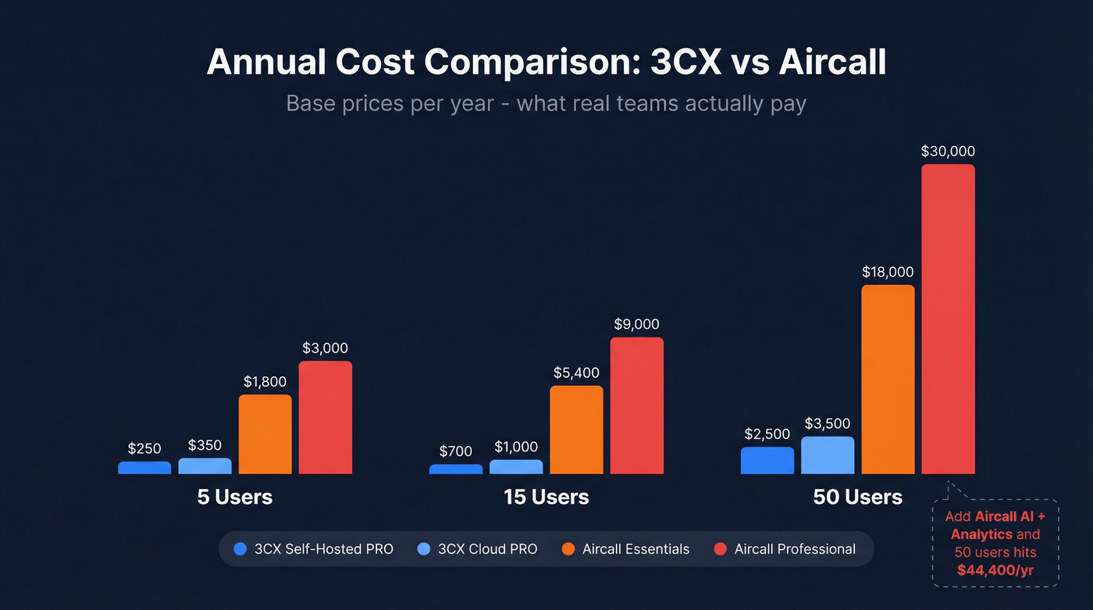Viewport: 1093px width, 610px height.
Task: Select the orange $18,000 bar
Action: tap(888, 379)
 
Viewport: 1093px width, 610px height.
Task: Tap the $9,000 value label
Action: tap(636, 324)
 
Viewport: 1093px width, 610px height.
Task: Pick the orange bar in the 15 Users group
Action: tap(576, 430)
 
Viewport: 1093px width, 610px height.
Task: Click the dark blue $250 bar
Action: tap(144, 468)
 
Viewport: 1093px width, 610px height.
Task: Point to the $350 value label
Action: tap(205, 446)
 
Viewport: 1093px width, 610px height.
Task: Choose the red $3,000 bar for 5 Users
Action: tap(325, 417)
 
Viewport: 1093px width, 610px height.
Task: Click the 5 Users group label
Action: tap(235, 497)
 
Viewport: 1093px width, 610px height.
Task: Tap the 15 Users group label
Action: tap(546, 497)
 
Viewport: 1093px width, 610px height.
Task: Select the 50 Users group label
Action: tap(857, 497)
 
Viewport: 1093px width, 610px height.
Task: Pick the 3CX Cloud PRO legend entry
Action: tap(478, 549)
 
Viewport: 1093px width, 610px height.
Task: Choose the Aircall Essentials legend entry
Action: tap(625, 549)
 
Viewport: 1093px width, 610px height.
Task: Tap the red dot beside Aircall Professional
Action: tap(721, 549)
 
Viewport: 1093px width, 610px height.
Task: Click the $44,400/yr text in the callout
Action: tap(995, 570)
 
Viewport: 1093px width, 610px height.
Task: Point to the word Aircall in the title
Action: tap(831, 62)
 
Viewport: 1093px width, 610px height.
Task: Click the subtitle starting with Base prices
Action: tap(546, 103)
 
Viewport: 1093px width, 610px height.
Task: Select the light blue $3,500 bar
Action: tap(828, 455)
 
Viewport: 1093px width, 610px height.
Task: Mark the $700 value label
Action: tap(456, 451)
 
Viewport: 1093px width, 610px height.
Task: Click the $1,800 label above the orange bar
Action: tap(265, 382)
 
